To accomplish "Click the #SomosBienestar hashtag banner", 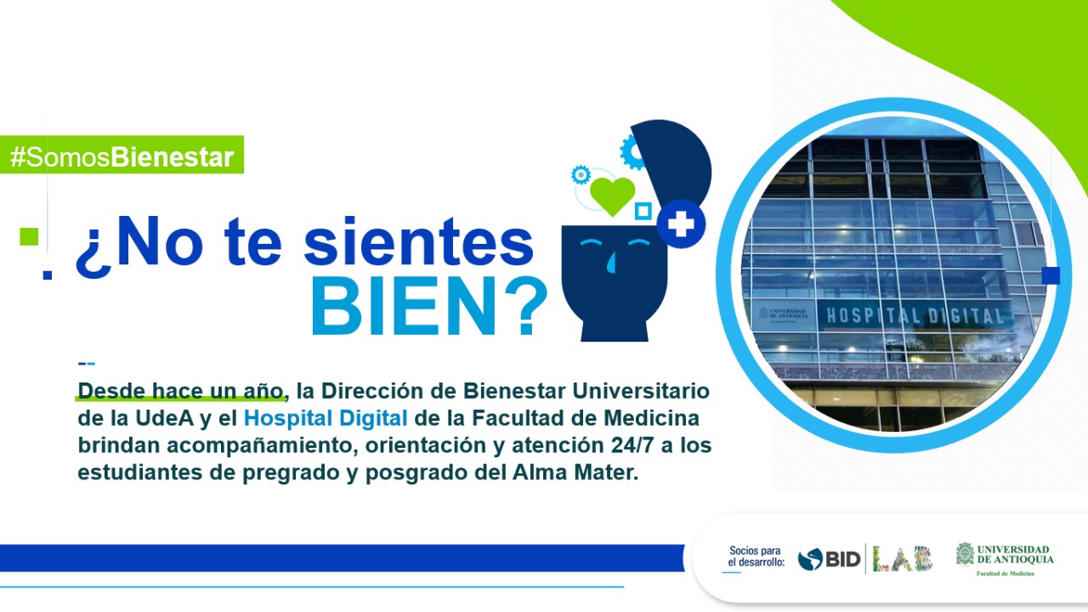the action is [122, 155].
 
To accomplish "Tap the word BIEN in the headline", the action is [404, 307].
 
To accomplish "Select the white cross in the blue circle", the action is [681, 224].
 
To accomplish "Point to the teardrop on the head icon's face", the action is [610, 263].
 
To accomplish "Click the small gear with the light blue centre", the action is [581, 175].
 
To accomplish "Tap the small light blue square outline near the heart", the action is [643, 212].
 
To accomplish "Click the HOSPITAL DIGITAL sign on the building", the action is [915, 316].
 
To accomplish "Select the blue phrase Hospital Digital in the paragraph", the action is [326, 418].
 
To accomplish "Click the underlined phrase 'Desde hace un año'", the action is [180, 391].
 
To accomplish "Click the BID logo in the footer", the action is [829, 559].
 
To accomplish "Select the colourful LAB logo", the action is [903, 558].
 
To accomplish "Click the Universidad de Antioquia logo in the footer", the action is [1005, 559].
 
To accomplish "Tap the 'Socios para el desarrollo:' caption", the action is [756, 557].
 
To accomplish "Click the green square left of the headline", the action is [29, 236].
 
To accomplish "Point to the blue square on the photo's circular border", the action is [1051, 275].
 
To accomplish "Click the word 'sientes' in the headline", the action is [419, 243].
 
